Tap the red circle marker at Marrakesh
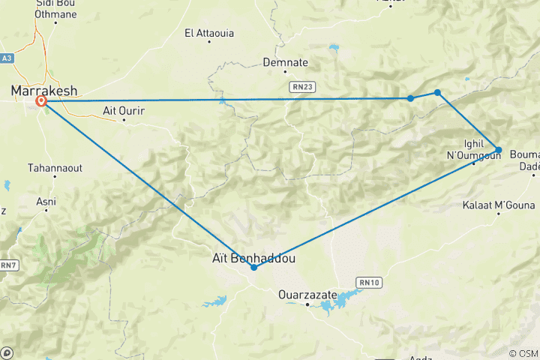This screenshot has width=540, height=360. click(x=42, y=101)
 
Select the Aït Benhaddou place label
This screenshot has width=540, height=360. click(x=254, y=258)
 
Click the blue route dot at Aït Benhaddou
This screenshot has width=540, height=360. click(x=254, y=267)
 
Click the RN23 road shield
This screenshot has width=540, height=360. click(x=300, y=88)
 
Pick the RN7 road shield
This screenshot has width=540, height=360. click(x=7, y=265)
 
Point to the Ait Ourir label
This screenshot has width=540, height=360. click(x=124, y=111)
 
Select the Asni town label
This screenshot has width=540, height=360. click(x=46, y=201)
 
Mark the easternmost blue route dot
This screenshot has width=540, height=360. click(x=498, y=149)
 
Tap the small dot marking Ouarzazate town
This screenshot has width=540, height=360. click(x=308, y=304)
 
